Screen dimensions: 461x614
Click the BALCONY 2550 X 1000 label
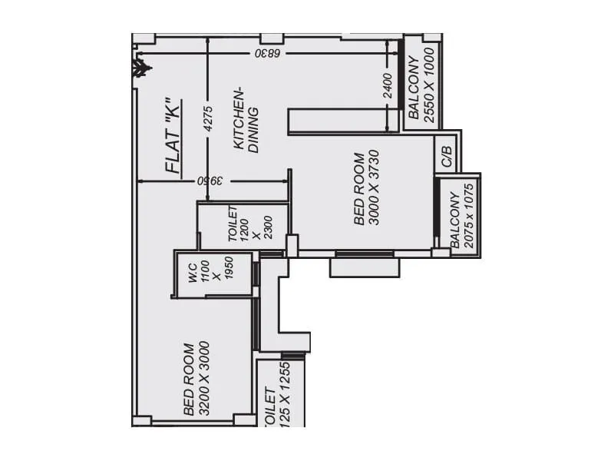pyautogui.click(x=421, y=85)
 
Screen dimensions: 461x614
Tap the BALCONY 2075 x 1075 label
pyautogui.click(x=463, y=217)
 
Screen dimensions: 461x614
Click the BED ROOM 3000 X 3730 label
pyautogui.click(x=366, y=188)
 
